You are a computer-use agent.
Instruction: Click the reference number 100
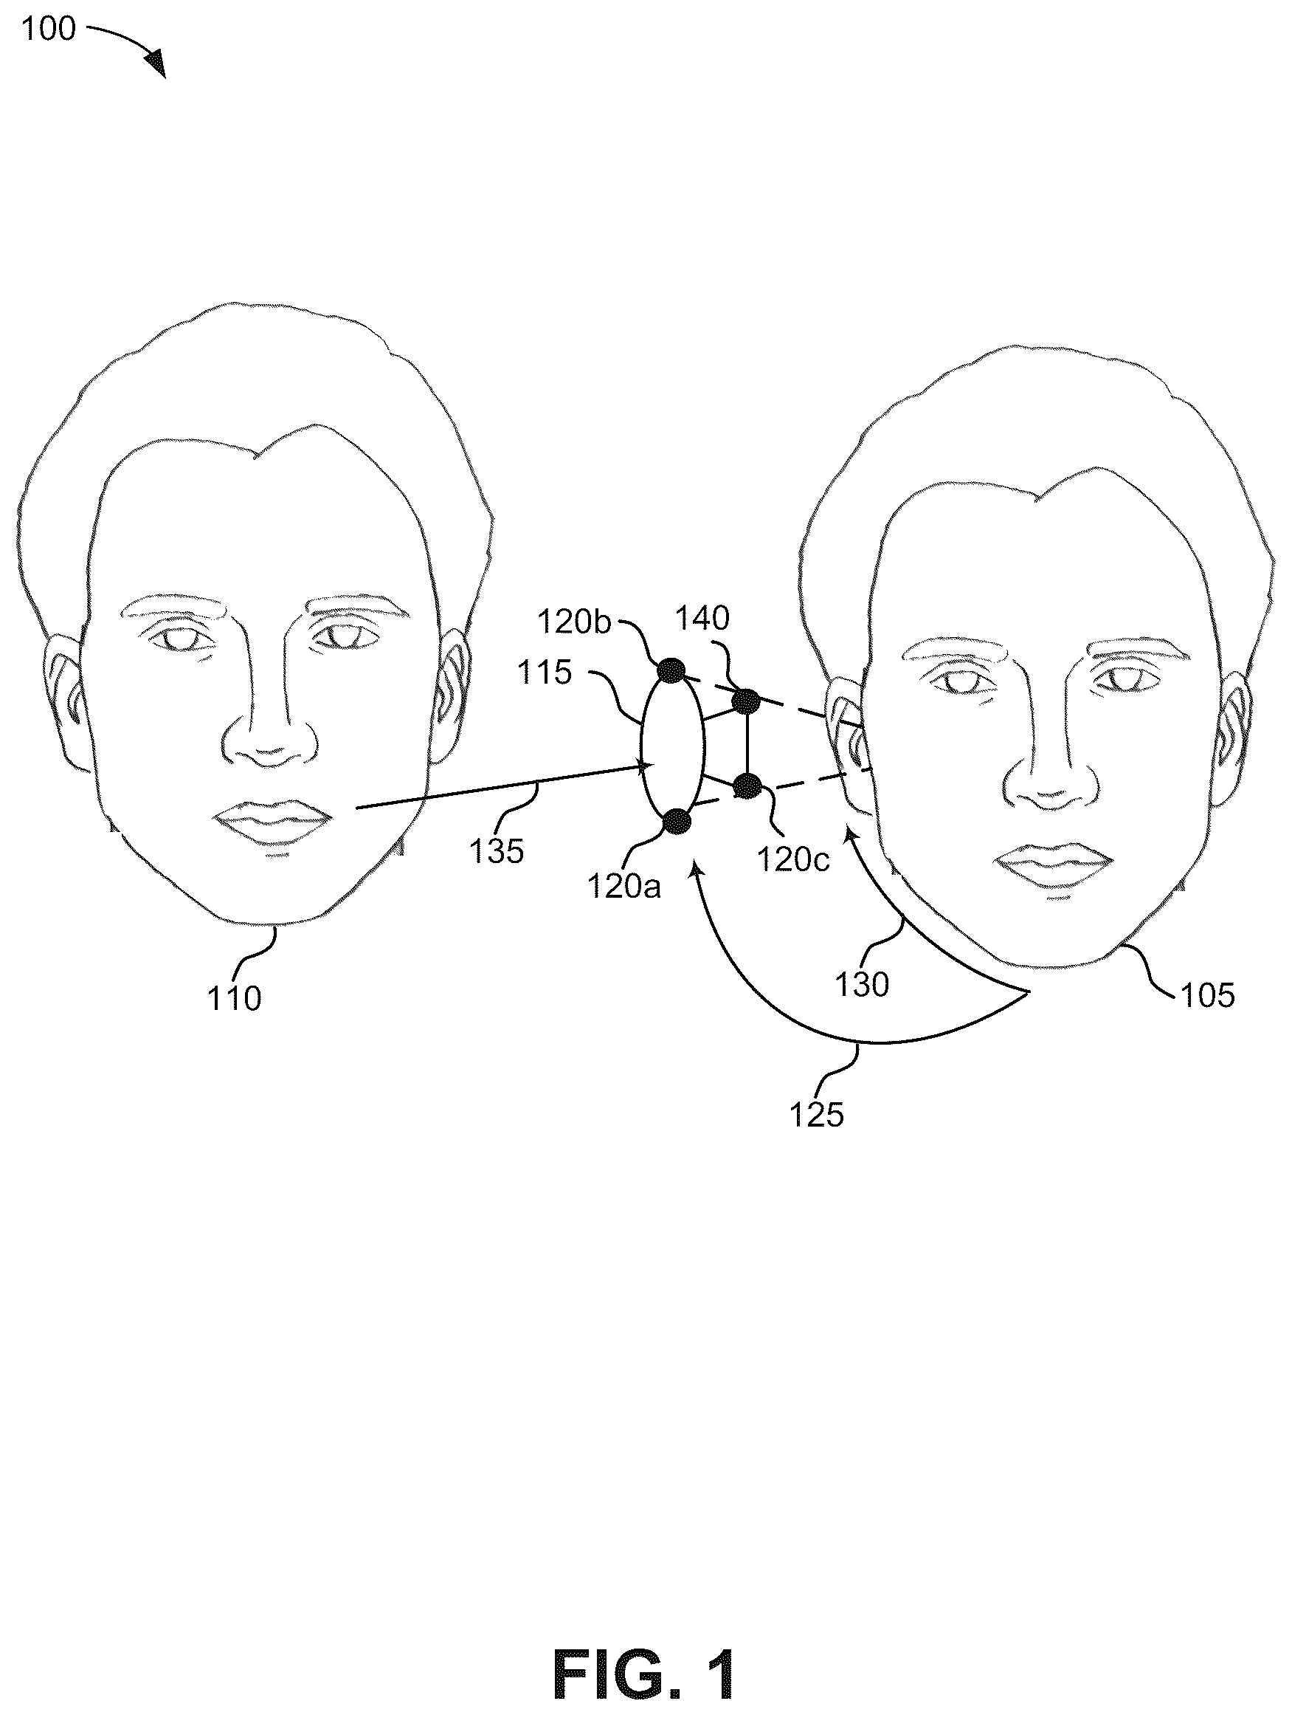coord(49,29)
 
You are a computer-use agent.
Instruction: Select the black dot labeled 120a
coord(677,820)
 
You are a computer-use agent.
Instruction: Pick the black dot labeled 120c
coord(747,786)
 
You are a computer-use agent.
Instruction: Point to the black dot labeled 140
coord(747,701)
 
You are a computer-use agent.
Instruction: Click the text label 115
coord(545,673)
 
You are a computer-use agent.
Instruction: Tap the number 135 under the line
coord(497,851)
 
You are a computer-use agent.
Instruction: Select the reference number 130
coord(861,985)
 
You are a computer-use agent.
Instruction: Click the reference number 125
coord(816,1115)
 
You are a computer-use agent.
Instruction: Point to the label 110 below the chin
coord(234,999)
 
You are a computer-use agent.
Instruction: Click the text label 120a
coord(624,886)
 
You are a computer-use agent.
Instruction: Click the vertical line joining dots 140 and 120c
coord(747,743)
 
